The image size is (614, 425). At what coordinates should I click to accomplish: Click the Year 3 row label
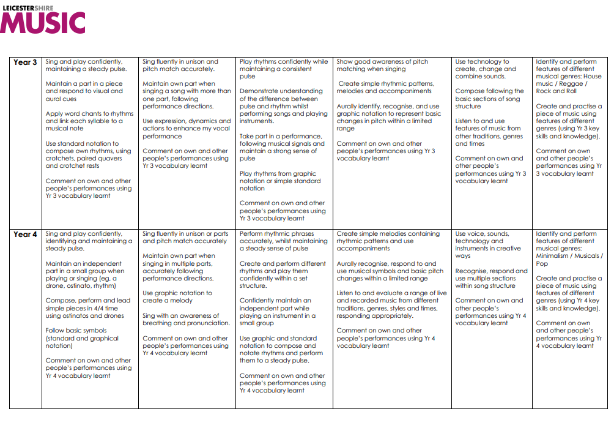pyautogui.click(x=25, y=62)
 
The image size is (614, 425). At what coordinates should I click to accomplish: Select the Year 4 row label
pyautogui.click(x=25, y=235)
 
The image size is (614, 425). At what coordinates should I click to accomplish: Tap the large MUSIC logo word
pyautogui.click(x=43, y=23)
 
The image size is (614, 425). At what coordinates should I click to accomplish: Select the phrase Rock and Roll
pyautogui.click(x=556, y=91)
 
